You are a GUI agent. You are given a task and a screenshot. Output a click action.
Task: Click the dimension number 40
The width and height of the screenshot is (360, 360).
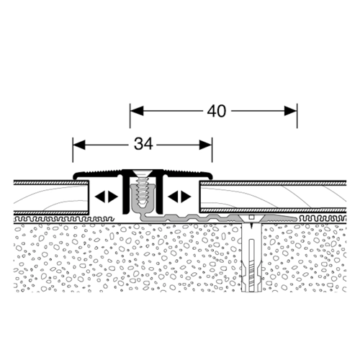coord(217,111)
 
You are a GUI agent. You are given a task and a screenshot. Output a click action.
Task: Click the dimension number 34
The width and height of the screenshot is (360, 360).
coord(143,145)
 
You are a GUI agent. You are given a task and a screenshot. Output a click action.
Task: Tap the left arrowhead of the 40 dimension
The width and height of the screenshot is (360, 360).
coord(137,111)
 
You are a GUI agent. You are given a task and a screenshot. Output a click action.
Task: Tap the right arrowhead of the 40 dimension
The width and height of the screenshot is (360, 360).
coord(290,111)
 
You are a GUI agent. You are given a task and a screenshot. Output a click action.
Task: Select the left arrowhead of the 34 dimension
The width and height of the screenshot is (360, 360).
coord(79,145)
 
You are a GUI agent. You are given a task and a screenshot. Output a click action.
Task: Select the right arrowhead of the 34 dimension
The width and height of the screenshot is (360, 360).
coord(206,145)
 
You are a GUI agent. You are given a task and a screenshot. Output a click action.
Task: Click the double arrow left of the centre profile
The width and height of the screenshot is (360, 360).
coord(107,197)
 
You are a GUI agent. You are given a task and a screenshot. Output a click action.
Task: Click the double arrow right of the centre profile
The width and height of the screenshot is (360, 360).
coord(179,197)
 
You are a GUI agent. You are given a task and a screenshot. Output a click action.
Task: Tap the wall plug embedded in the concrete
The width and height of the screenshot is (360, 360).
coord(251,257)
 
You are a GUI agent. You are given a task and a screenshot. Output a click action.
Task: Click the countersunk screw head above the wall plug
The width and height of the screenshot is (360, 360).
coord(251,218)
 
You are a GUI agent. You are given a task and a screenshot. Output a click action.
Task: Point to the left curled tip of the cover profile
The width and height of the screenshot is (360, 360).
coord(75,177)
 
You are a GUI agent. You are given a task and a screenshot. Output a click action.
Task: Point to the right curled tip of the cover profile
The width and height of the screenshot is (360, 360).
coord(210,177)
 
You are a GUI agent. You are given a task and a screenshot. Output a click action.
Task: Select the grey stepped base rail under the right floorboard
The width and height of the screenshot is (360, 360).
coord(216,217)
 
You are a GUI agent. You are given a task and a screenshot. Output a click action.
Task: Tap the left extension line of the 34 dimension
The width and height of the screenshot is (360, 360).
coord(73,150)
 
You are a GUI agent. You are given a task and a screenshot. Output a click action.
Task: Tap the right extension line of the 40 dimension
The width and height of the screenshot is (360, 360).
coord(297,116)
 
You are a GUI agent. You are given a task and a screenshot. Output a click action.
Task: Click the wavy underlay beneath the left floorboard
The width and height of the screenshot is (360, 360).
coord(64,219)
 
